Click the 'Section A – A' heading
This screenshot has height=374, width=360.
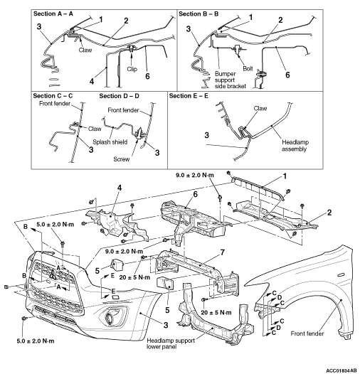tap(53, 14)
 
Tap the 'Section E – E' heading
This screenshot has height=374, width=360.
tap(189, 96)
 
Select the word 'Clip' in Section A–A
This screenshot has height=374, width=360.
tap(132, 69)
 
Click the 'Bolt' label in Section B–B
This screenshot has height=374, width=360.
tap(248, 69)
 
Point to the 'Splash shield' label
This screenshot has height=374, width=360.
tap(110, 142)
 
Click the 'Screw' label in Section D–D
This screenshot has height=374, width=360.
tap(122, 159)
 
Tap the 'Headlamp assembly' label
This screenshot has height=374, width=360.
tap(295, 146)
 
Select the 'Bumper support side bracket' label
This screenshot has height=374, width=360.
tap(230, 80)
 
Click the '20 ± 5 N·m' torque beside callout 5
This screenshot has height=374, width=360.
tap(134, 277)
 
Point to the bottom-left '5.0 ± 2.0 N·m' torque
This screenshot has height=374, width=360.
tap(36, 341)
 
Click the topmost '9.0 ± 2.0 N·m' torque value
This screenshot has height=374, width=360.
tap(195, 176)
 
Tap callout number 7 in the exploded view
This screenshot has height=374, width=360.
tap(222, 252)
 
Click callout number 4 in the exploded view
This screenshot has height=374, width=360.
tap(120, 188)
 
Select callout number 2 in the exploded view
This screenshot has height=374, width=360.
tap(329, 213)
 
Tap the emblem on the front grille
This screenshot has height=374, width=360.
tap(52, 275)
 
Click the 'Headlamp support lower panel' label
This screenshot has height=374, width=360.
tap(171, 343)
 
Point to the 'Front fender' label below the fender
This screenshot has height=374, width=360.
tap(307, 333)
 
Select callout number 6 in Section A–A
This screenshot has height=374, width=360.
tap(147, 76)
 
